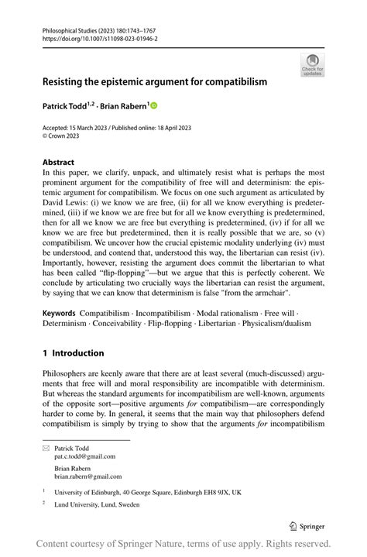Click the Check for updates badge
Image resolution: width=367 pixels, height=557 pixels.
312,64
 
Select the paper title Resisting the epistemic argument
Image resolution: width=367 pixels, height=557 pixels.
155,81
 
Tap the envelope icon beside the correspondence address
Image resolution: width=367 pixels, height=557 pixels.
46,449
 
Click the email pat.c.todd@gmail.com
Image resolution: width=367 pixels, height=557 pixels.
85,457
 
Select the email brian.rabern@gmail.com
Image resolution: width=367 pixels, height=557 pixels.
88,477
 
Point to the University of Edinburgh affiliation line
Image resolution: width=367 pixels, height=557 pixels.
148,491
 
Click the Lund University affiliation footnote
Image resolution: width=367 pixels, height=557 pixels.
97,504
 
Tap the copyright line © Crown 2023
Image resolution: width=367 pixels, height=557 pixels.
63,134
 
